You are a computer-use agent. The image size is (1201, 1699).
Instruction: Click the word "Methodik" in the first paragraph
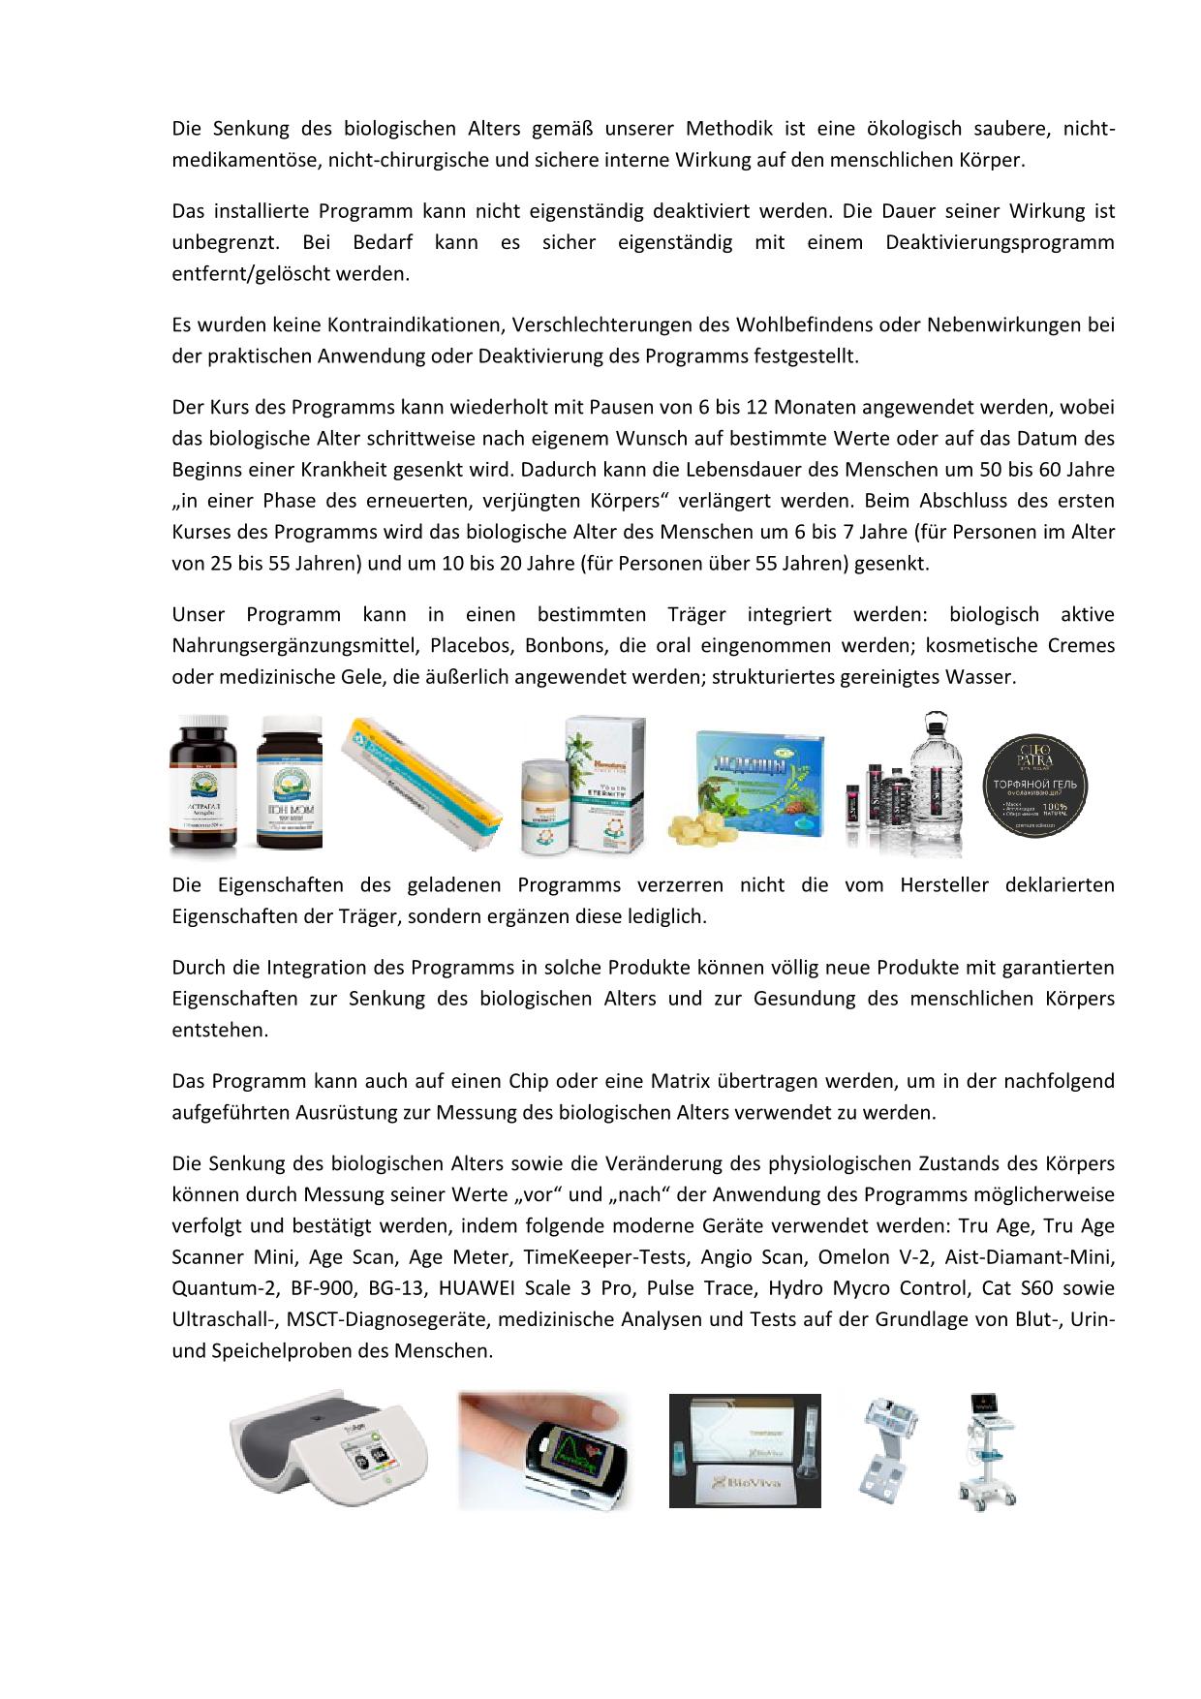coord(725,129)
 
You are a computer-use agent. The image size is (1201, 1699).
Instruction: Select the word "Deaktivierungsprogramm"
coord(1000,242)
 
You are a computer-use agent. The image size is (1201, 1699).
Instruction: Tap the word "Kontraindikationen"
coord(410,324)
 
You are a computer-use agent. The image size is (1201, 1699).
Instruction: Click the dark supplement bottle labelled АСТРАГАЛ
coord(203,787)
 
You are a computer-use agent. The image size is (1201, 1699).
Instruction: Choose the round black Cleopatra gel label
coord(1036,785)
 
